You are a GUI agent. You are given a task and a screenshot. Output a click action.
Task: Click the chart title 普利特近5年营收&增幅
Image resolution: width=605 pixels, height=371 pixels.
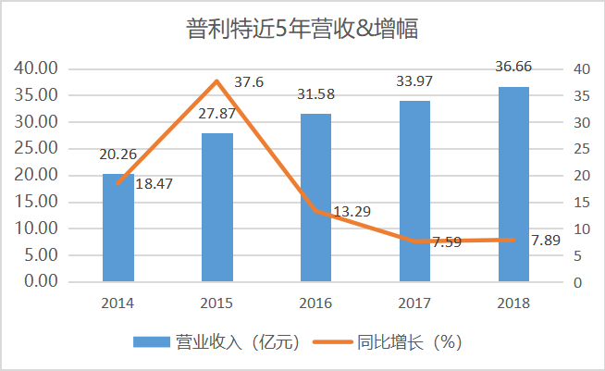(x=302, y=30)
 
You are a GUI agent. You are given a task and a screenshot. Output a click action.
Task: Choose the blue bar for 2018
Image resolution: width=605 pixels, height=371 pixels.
(x=513, y=184)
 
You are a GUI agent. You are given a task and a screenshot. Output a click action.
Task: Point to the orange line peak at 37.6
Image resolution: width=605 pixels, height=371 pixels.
(x=217, y=81)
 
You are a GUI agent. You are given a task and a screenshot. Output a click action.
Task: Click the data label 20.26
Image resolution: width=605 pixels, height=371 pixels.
(x=117, y=156)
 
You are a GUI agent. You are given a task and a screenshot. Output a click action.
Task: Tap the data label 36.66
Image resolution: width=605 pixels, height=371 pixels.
(x=513, y=68)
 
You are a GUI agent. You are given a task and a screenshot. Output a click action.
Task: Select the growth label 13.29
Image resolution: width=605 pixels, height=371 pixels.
(x=352, y=212)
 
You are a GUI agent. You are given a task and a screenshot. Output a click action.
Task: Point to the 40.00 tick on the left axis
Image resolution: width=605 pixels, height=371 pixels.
(x=36, y=68)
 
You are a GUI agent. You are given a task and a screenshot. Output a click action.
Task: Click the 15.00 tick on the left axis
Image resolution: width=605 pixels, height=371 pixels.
(x=36, y=202)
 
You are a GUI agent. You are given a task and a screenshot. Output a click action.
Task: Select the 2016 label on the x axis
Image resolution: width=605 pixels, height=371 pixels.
(x=316, y=303)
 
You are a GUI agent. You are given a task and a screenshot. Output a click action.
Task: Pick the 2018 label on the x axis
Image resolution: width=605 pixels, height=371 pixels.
(x=513, y=303)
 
